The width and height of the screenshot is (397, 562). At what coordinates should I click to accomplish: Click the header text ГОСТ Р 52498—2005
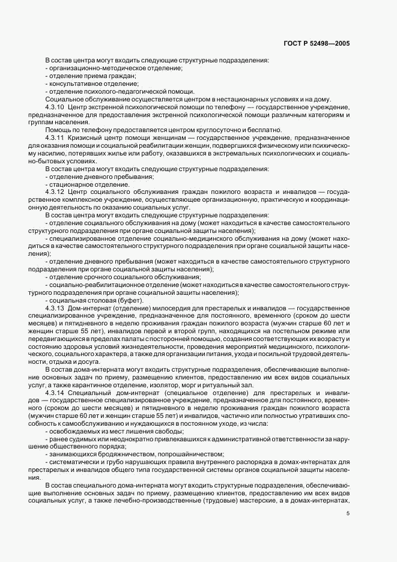click(317, 44)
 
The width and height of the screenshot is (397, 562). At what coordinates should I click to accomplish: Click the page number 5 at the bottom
click(348, 513)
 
